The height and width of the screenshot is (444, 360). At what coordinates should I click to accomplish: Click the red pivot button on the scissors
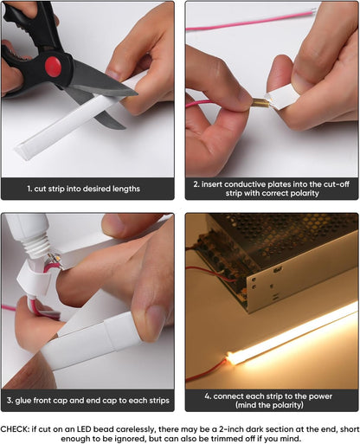54,64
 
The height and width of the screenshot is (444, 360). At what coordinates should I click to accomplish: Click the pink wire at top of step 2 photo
260,22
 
